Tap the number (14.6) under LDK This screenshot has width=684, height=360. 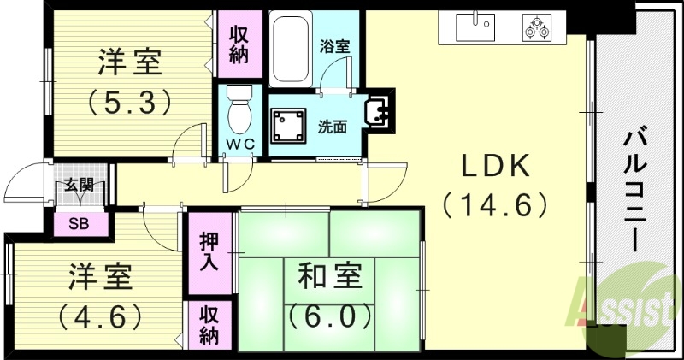495,205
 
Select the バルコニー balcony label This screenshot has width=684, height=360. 634,188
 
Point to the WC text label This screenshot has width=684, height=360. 240,145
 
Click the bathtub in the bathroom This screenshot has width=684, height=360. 290,50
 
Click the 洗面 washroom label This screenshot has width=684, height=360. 332,127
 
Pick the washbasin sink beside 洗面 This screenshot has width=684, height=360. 376,111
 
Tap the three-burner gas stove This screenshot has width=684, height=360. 538,27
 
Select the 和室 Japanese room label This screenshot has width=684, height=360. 330,276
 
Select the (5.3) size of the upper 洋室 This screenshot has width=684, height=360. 130,103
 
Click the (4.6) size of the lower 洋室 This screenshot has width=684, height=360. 99,316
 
